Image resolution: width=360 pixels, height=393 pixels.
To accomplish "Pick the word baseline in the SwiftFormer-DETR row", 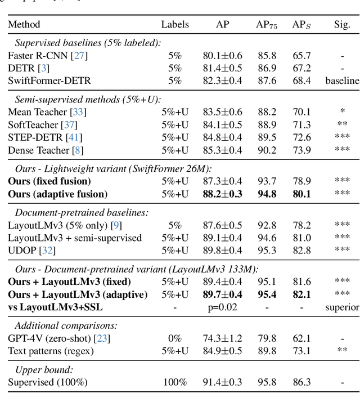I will click(x=342, y=81).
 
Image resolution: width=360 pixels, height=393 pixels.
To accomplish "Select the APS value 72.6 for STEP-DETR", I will click(x=301, y=137).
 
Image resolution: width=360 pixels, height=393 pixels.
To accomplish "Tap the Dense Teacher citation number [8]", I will click(x=81, y=150).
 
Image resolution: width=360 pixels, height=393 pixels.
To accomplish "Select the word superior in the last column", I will click(x=342, y=307).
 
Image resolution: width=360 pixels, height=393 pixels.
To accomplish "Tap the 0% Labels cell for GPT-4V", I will click(x=175, y=338).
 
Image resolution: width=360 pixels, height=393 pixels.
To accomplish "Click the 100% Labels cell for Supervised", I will click(x=175, y=382).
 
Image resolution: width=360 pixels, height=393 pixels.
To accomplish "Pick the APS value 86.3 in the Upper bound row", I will click(x=301, y=382).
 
